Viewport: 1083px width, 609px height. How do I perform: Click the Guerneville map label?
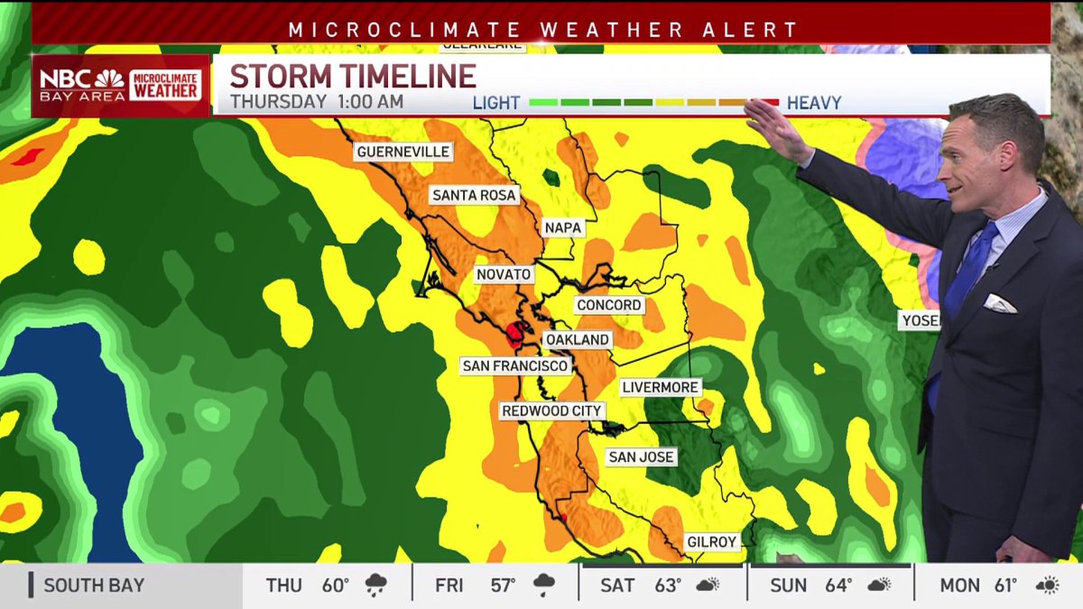click(x=403, y=152)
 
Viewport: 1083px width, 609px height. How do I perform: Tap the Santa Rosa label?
click(x=474, y=195)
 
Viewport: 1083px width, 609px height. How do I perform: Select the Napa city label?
click(x=562, y=228)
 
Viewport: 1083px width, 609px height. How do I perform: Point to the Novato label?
click(x=504, y=274)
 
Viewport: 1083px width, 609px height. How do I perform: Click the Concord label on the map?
click(x=609, y=306)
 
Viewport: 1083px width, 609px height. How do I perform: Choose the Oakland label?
click(x=578, y=340)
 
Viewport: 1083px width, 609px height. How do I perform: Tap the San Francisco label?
click(x=514, y=365)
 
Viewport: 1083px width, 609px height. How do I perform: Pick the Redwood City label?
click(x=551, y=411)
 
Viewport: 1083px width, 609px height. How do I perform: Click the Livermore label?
click(x=661, y=388)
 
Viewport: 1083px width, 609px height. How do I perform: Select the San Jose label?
click(x=641, y=457)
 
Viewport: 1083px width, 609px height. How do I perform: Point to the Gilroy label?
click(x=712, y=542)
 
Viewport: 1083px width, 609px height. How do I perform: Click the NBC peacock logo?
click(x=109, y=78)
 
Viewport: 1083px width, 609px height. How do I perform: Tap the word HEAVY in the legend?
click(x=814, y=103)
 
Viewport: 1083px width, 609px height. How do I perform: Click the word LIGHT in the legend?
click(x=496, y=103)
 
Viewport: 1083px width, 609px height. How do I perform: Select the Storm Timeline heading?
click(x=353, y=76)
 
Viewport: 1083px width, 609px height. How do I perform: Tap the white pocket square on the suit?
click(x=999, y=303)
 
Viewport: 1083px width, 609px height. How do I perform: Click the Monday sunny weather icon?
click(x=1047, y=586)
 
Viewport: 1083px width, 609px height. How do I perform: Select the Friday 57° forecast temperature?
click(x=503, y=586)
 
